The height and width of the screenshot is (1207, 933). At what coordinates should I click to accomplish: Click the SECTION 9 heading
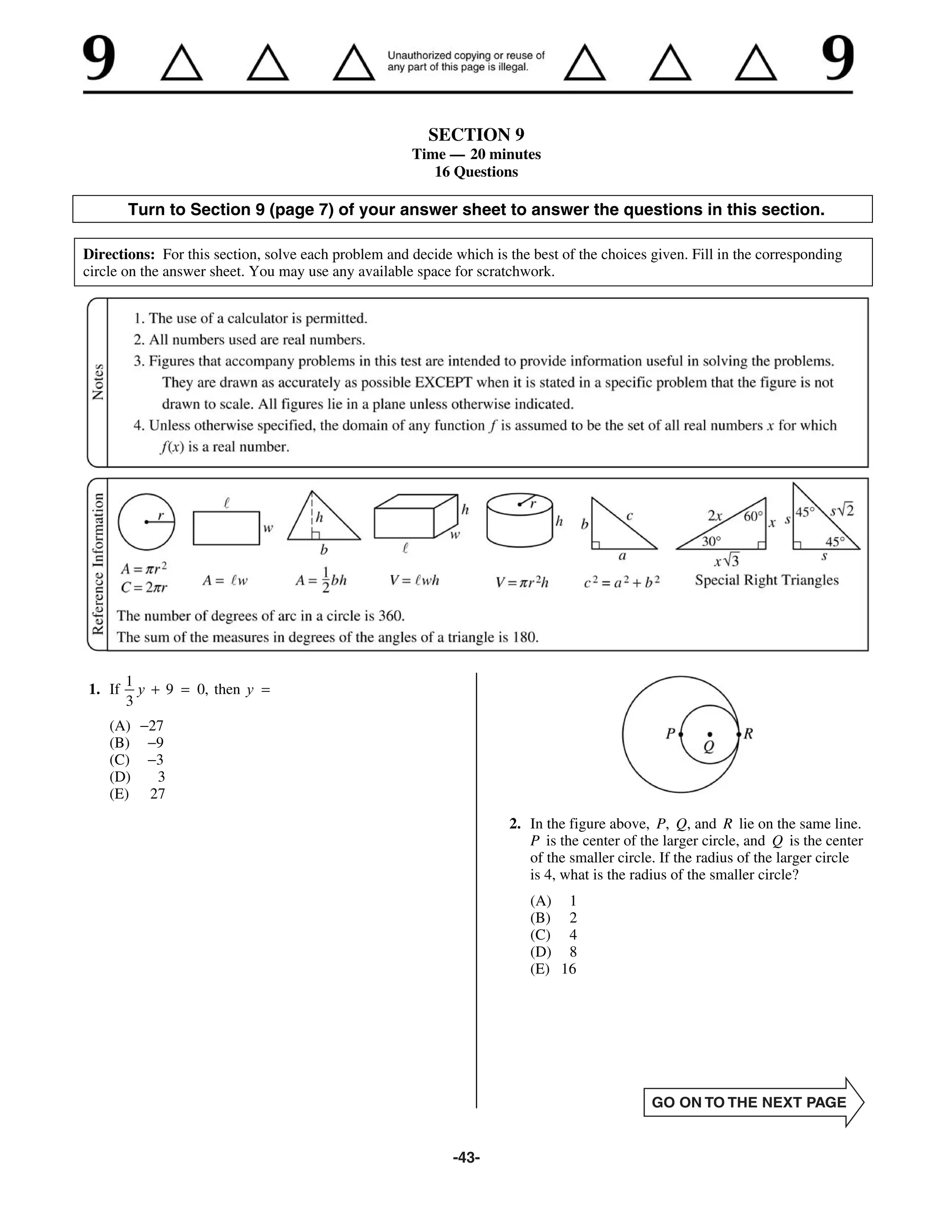tap(476, 135)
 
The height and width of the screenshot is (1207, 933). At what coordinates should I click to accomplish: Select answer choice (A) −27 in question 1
tap(137, 726)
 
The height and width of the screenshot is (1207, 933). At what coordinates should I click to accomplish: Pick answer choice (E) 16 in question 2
tap(553, 969)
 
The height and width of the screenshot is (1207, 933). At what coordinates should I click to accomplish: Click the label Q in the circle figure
tap(708, 747)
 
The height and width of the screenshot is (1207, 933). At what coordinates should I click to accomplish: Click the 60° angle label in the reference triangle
tap(753, 516)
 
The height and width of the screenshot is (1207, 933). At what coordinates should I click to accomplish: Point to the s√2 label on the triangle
tap(842, 510)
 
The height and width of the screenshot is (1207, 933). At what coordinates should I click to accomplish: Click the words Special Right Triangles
tap(767, 580)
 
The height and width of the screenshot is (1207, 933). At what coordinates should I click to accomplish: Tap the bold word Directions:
tap(119, 255)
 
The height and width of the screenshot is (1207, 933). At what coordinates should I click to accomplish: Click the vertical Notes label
tap(98, 382)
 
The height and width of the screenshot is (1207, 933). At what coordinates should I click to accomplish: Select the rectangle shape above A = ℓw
tap(226, 528)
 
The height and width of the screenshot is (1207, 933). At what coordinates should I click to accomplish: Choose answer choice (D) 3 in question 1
tap(137, 777)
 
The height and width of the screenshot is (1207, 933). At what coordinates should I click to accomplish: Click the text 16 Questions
tap(476, 172)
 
